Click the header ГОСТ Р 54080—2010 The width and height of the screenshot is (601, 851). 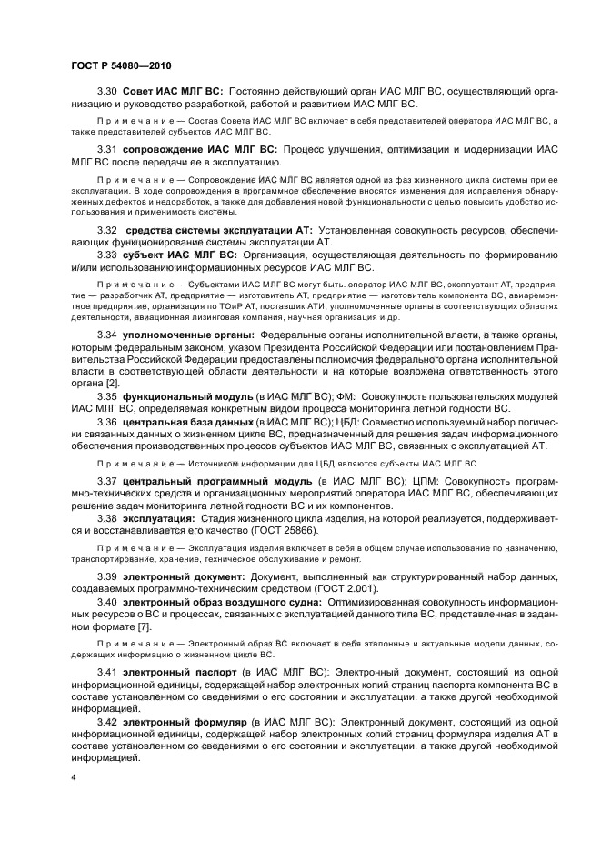coord(120,66)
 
